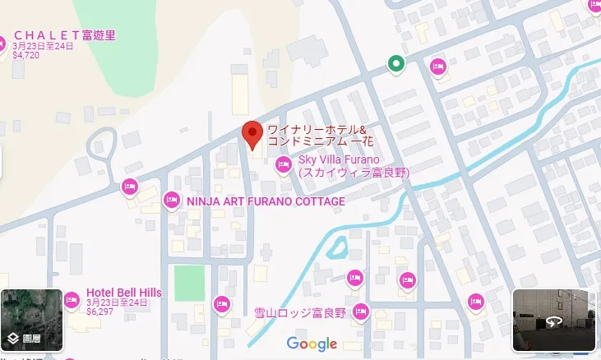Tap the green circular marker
click(x=396, y=64)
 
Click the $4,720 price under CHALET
click(x=27, y=57)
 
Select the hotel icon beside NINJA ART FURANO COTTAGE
click(x=171, y=200)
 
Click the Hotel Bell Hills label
click(x=124, y=293)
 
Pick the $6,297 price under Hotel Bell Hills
click(x=99, y=312)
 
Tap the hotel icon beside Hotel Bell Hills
click(x=72, y=297)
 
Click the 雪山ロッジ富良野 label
click(x=300, y=312)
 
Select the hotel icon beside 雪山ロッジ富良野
click(x=360, y=312)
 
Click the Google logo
click(x=312, y=344)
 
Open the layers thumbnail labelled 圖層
click(x=31, y=321)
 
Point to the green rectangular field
click(x=188, y=283)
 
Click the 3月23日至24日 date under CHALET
click(x=43, y=47)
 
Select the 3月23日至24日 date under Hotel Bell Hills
click(x=117, y=303)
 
